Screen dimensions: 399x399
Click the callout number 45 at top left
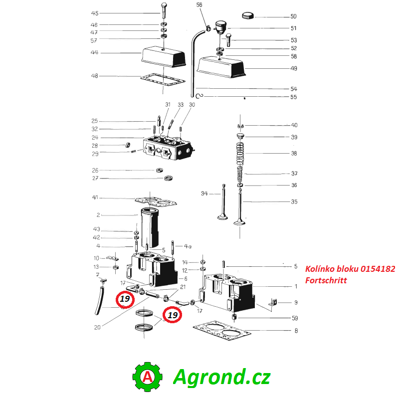click(95, 13)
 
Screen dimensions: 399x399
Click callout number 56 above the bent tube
click(199, 5)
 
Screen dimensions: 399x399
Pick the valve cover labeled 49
click(221, 67)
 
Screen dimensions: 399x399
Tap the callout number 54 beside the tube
click(293, 89)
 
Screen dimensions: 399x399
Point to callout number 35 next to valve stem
click(294, 201)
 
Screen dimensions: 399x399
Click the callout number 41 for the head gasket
click(95, 198)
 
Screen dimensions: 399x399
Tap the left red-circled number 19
click(125, 299)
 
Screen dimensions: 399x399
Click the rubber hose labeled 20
click(99, 299)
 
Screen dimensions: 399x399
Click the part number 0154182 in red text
click(378, 269)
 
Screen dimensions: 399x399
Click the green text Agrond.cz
click(221, 377)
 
